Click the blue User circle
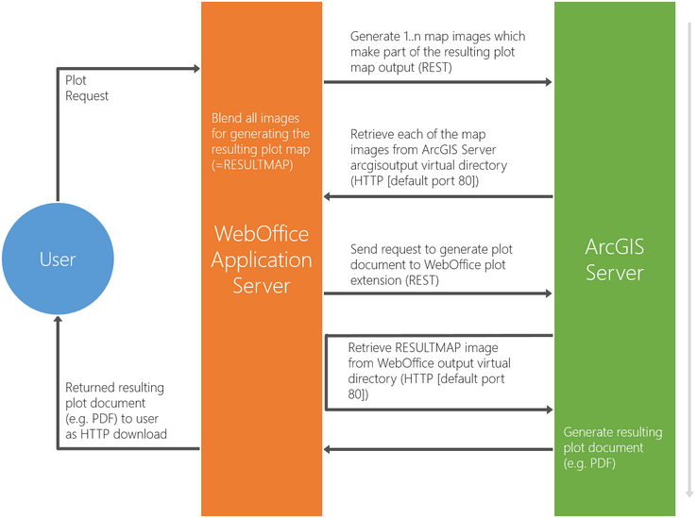57,259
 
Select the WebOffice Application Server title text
261,259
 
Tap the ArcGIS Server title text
614,259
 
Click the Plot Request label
87,88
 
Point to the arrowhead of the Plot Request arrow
195,68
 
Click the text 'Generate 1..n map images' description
437,52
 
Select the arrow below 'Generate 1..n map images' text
437,83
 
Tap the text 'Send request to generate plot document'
431,265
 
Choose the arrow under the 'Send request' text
437,293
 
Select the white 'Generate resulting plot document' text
613,447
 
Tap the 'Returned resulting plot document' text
116,410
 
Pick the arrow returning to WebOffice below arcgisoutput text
437,196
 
